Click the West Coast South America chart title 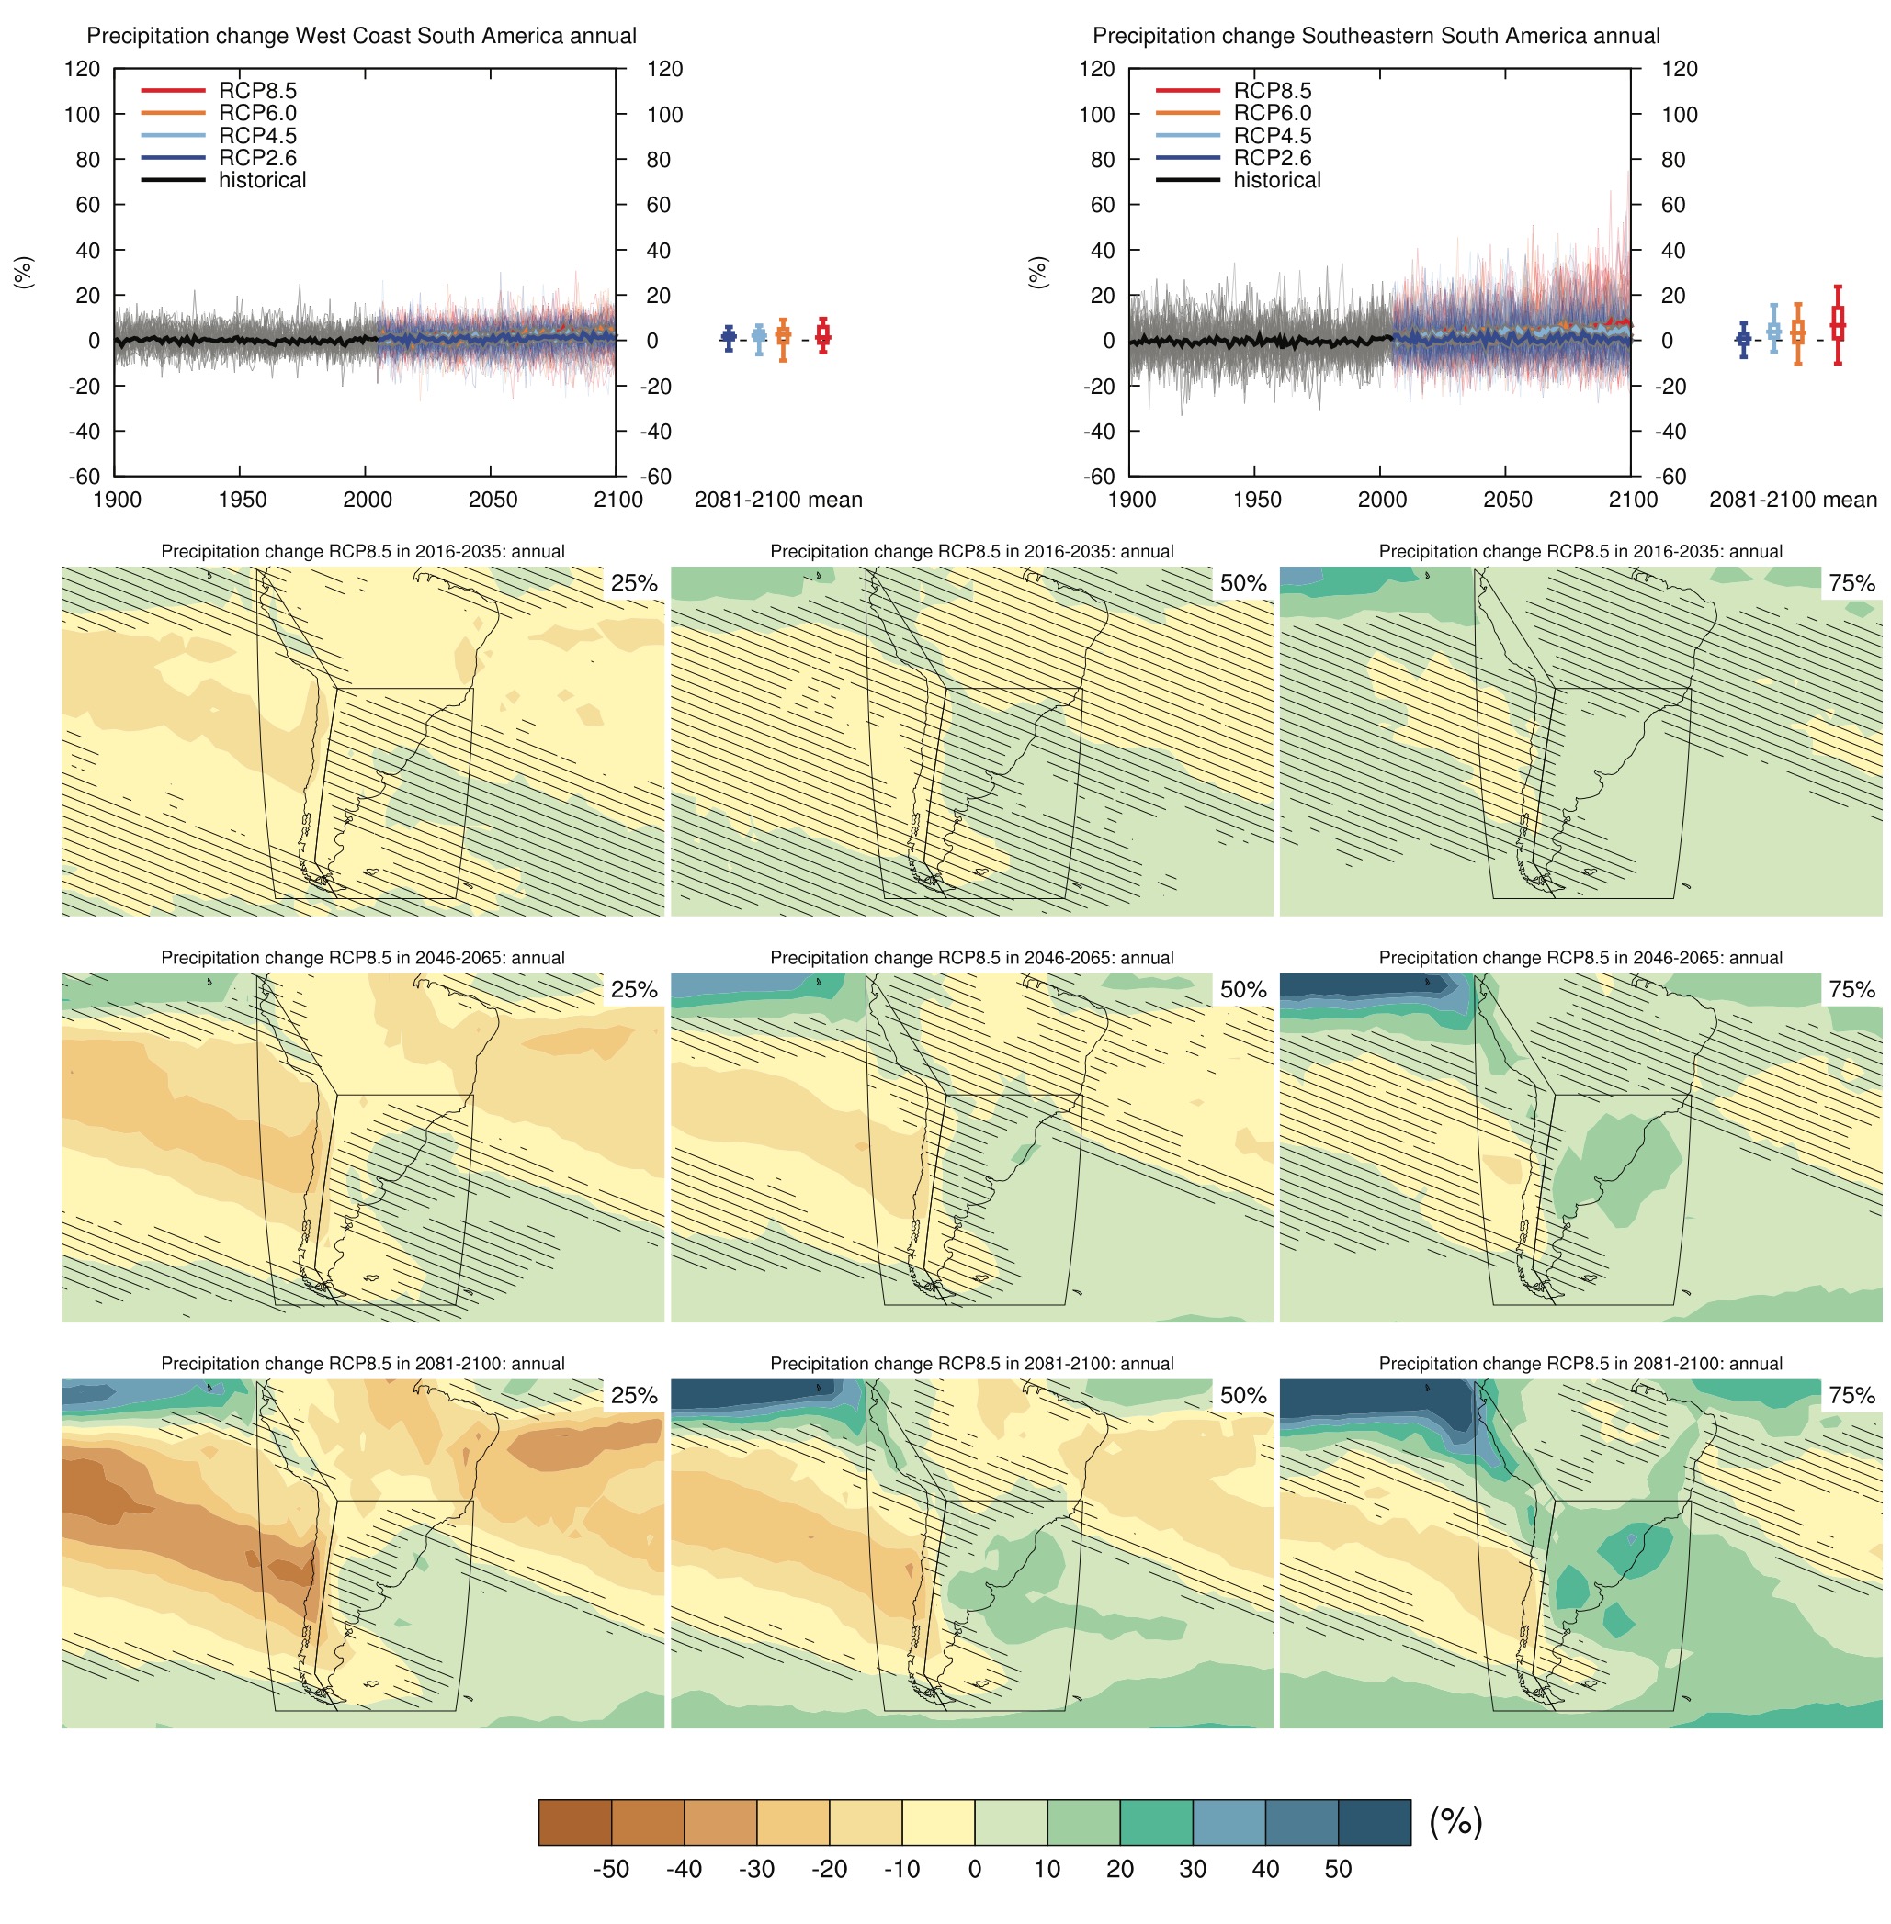361,36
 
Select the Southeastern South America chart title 1376,36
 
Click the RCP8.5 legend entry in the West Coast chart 257,90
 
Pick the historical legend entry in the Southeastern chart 1276,180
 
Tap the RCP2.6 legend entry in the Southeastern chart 1272,158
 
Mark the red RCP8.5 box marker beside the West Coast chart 822,336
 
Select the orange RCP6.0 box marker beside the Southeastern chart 1796,333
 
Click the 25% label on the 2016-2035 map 634,583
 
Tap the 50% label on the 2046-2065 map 1242,989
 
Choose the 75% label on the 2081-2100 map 1851,1395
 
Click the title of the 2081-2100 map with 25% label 363,1363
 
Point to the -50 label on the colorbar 611,1868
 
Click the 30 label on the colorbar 1192,1868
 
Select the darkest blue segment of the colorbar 1374,1822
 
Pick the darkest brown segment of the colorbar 575,1822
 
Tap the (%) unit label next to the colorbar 1455,1821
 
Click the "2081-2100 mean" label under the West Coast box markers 777,500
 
